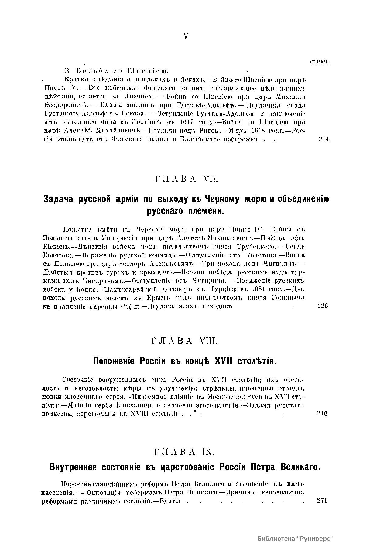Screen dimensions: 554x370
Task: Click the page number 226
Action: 323,306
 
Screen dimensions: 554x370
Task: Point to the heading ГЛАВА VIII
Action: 184,341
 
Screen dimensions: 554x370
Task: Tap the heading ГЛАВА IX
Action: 184,452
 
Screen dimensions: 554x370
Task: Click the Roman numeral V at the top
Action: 186,36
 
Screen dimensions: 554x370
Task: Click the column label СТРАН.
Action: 320,62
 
